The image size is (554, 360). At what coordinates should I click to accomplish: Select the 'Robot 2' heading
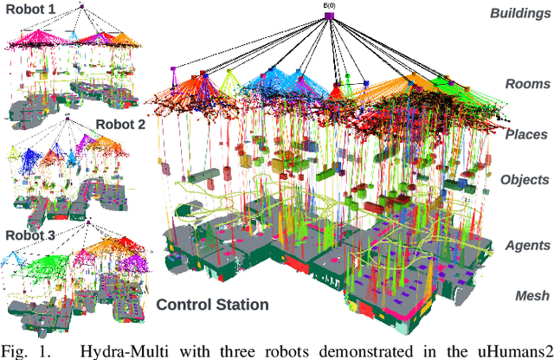[x=120, y=123]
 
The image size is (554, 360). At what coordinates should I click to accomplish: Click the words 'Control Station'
[x=213, y=304]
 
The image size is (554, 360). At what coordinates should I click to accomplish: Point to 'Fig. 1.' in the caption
[x=27, y=350]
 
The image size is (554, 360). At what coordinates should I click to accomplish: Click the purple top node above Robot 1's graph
[x=81, y=8]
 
